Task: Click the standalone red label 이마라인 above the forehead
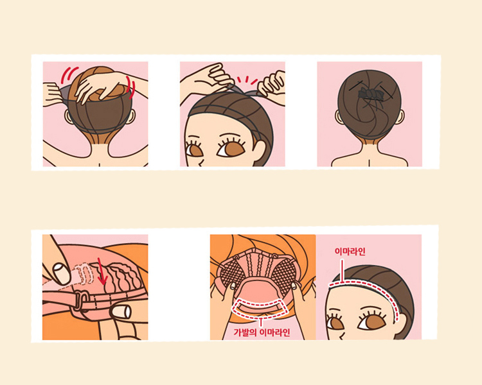pos(350,252)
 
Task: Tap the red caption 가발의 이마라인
pos(262,332)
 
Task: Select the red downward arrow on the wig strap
pos(102,271)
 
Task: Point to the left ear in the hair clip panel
pos(339,117)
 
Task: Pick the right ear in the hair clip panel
pos(400,117)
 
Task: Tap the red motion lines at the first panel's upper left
pos(68,75)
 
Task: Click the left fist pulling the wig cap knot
pos(220,75)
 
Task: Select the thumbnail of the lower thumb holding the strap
pos(121,312)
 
